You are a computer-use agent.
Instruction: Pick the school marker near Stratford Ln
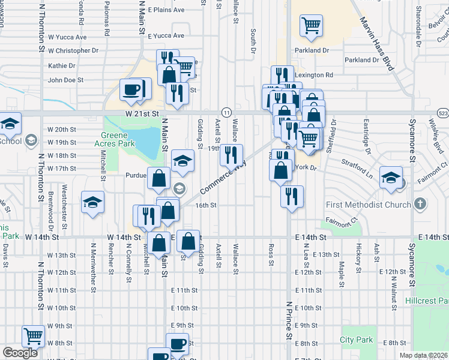[x=391, y=178]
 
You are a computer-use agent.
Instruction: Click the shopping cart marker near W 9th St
[x=34, y=337]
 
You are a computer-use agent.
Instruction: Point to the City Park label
[x=357, y=340]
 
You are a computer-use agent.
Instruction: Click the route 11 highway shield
[x=226, y=113]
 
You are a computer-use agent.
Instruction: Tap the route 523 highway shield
[x=443, y=113]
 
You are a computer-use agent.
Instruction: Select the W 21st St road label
[x=142, y=113]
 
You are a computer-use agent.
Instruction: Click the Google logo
[x=20, y=353]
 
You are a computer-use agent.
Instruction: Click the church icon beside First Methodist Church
[x=420, y=205]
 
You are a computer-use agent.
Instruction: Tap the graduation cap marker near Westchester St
[x=93, y=202]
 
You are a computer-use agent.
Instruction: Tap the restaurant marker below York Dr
[x=292, y=196]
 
